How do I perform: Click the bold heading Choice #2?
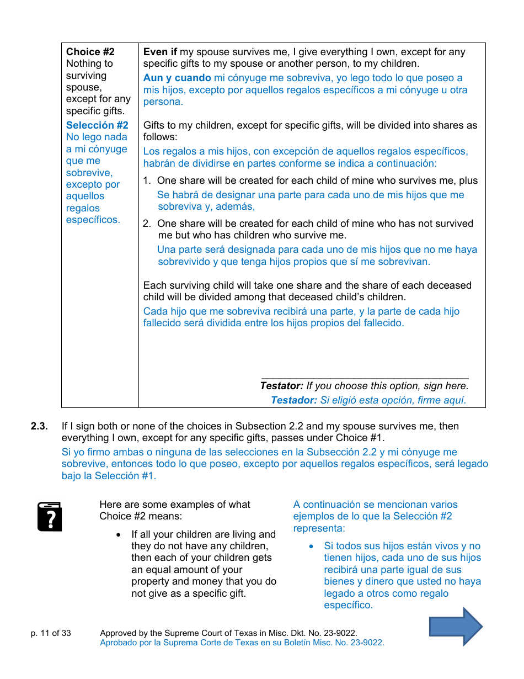point(90,52)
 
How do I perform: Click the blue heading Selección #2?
point(97,125)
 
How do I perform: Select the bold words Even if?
point(161,52)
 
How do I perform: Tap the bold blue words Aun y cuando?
point(177,78)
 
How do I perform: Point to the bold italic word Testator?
point(282,386)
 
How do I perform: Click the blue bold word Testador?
point(293,400)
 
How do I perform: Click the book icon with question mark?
point(50,517)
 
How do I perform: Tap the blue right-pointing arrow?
point(456,627)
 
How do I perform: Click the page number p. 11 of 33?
point(51,633)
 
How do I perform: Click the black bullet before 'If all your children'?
point(119,535)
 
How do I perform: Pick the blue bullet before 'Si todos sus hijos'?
point(312,547)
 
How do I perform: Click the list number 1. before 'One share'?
point(147,181)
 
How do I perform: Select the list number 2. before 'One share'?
point(147,224)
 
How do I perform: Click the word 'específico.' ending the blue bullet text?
point(348,605)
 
